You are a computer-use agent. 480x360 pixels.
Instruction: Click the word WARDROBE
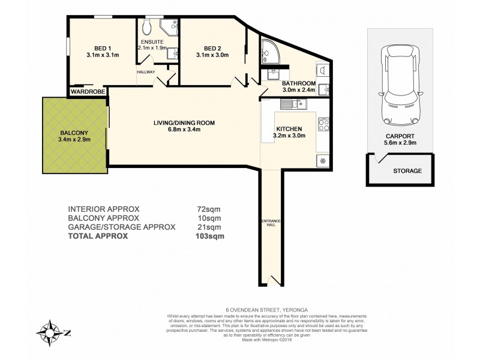pyautogui.click(x=88, y=92)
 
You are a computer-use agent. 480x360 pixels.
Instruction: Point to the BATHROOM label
pyautogui.click(x=299, y=83)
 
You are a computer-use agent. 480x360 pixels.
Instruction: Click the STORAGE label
pyautogui.click(x=407, y=171)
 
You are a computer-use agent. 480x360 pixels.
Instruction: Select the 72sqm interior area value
pyautogui.click(x=205, y=209)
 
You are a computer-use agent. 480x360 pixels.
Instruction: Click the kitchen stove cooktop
pyautogui.click(x=323, y=125)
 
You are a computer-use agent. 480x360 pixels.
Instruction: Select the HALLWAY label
pyautogui.click(x=146, y=72)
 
